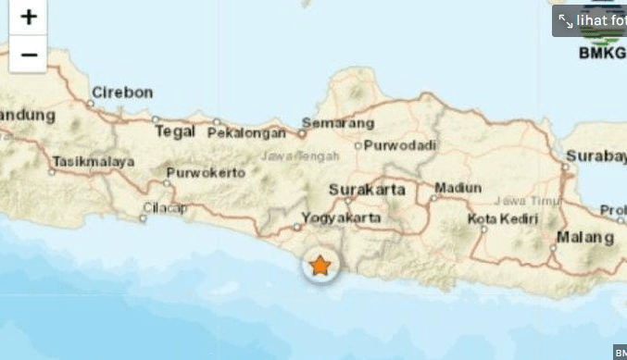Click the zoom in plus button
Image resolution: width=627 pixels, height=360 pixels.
[x=28, y=18]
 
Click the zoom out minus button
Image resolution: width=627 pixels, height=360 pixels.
[x=28, y=54]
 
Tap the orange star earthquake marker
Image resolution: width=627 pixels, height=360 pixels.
[x=320, y=266]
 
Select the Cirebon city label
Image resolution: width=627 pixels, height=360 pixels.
[x=122, y=93]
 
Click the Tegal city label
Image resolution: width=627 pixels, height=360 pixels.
[x=175, y=130]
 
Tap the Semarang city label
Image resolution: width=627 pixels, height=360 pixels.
[x=342, y=123]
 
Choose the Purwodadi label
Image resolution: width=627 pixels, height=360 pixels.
[x=399, y=145]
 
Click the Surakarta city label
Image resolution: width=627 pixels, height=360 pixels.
[x=368, y=190]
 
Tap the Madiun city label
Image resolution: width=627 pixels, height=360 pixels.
[x=458, y=187]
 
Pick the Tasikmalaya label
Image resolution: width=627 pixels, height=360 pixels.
[x=93, y=161]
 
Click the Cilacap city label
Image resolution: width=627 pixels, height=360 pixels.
[x=165, y=208]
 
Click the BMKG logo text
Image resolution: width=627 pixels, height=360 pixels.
[x=602, y=53]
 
